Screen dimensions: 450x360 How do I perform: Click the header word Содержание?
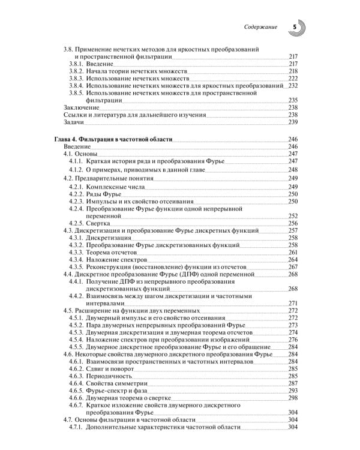(x=262, y=28)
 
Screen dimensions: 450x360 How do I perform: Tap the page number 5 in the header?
(x=294, y=27)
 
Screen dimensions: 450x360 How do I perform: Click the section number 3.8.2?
(x=76, y=71)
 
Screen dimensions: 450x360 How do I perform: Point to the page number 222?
(x=293, y=79)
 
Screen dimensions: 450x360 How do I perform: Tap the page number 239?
(x=293, y=122)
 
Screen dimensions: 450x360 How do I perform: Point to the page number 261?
(x=293, y=252)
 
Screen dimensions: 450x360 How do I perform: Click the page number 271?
(x=293, y=303)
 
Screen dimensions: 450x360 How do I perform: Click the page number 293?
(x=293, y=391)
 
